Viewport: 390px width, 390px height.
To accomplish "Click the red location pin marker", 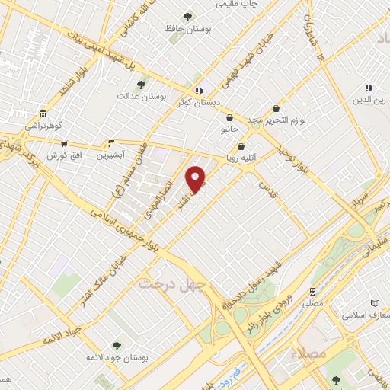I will [x=197, y=178].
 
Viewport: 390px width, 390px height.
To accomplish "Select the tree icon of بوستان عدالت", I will [x=140, y=85].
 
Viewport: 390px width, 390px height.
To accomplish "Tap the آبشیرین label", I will [x=113, y=155].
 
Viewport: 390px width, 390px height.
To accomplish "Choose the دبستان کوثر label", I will [x=199, y=101].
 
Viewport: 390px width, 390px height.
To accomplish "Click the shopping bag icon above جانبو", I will [x=229, y=118].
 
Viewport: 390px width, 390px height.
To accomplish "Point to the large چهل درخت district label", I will [x=168, y=283].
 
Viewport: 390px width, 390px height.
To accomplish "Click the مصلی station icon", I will [x=312, y=291].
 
